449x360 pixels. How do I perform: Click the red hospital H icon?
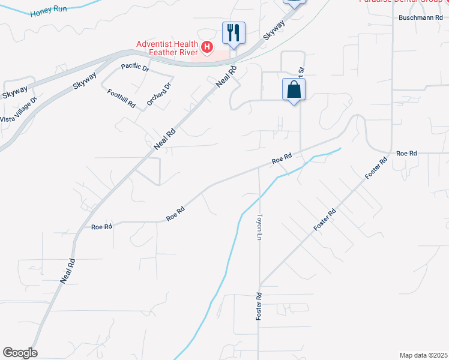[x=207, y=46]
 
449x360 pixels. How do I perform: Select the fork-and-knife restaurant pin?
[x=234, y=32]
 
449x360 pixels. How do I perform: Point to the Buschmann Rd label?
[x=420, y=18]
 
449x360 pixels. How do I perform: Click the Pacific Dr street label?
[x=134, y=67]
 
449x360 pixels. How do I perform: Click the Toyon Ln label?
[x=260, y=227]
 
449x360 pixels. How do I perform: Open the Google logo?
[x=20, y=353]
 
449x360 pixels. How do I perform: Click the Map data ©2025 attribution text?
[x=423, y=355]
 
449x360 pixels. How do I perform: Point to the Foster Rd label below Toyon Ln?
[x=259, y=306]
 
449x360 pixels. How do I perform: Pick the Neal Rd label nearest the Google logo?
[x=68, y=271]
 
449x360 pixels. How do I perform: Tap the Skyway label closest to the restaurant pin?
[x=273, y=30]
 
